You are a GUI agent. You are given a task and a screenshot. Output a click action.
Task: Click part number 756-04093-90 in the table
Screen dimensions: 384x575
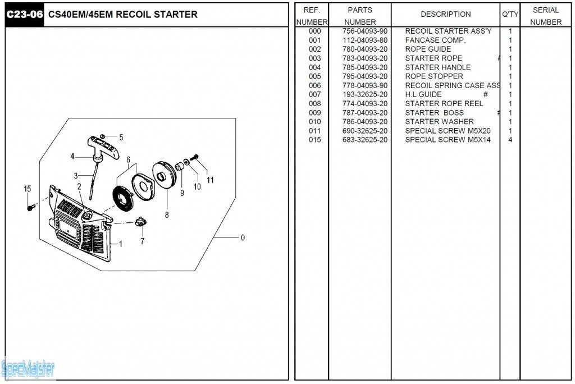click(365, 31)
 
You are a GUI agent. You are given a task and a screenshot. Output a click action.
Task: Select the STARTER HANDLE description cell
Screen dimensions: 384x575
click(437, 67)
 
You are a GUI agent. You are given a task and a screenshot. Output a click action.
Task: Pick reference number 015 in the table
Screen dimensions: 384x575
click(314, 140)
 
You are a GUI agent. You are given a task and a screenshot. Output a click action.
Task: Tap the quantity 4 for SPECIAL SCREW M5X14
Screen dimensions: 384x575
click(510, 140)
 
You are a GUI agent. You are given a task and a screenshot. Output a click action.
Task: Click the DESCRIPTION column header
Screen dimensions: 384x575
click(445, 14)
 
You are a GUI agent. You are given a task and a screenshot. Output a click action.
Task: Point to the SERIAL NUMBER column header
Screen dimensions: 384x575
click(545, 16)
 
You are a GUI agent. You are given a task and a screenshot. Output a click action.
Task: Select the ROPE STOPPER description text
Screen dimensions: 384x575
click(433, 76)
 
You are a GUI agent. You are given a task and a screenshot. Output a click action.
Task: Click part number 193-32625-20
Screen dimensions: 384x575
click(365, 94)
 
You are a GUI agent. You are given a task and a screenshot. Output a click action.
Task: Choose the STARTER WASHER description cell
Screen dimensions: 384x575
click(439, 122)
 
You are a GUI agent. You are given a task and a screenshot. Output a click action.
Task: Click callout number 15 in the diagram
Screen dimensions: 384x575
click(28, 189)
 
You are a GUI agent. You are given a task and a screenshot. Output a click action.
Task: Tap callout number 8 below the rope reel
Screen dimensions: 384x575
click(167, 214)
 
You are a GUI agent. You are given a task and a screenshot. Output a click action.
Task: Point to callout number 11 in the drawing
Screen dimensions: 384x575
click(210, 180)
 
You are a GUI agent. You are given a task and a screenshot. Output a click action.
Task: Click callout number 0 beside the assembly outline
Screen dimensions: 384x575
click(243, 237)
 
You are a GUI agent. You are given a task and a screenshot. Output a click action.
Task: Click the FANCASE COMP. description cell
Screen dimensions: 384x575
click(435, 40)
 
